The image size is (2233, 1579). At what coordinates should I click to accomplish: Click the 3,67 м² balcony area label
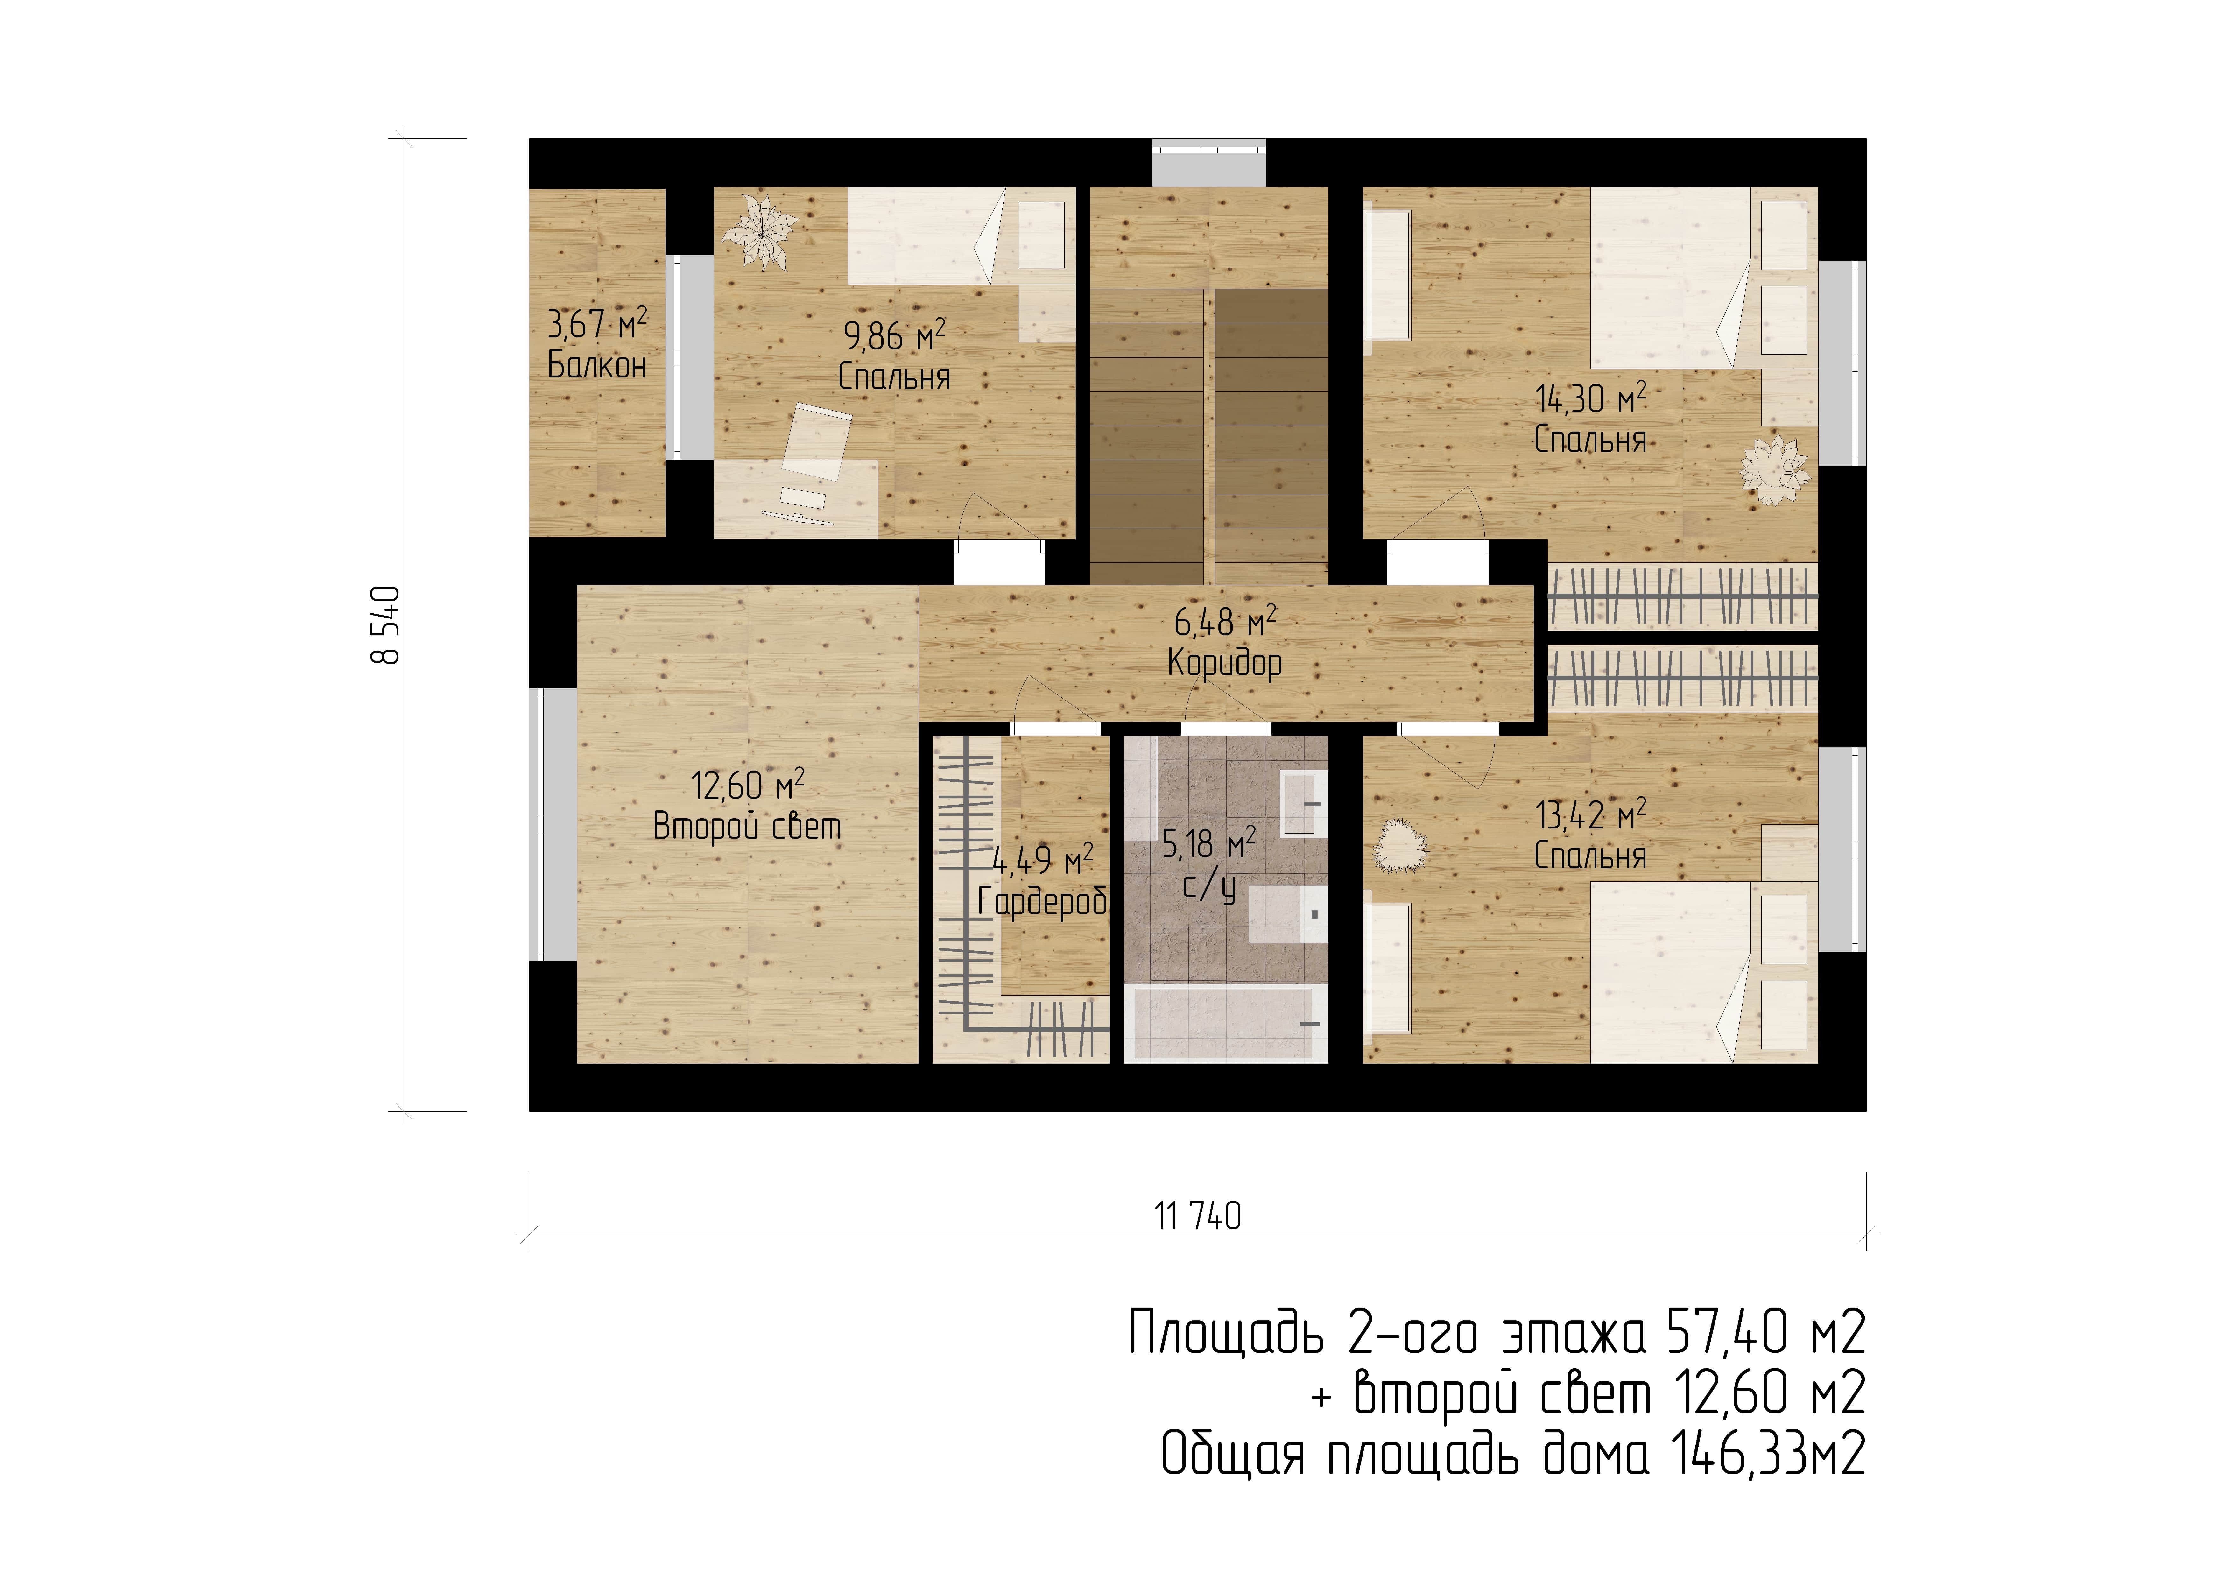[x=597, y=323]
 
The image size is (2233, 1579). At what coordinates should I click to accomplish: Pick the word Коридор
[x=1224, y=664]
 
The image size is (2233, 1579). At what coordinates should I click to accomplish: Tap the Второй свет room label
[x=747, y=826]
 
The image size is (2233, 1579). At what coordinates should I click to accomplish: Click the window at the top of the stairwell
[x=1209, y=162]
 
